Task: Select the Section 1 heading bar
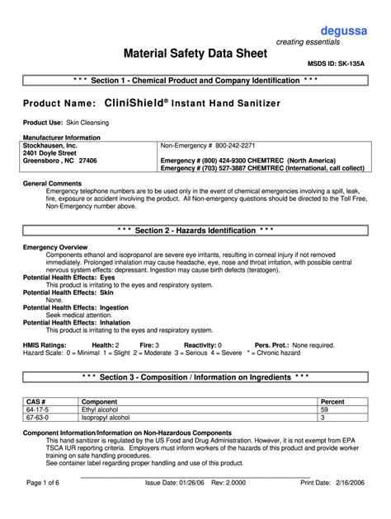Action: point(195,81)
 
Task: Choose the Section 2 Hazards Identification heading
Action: point(195,230)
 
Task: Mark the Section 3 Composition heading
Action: point(195,376)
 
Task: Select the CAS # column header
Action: point(36,401)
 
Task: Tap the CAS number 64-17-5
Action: point(38,409)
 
